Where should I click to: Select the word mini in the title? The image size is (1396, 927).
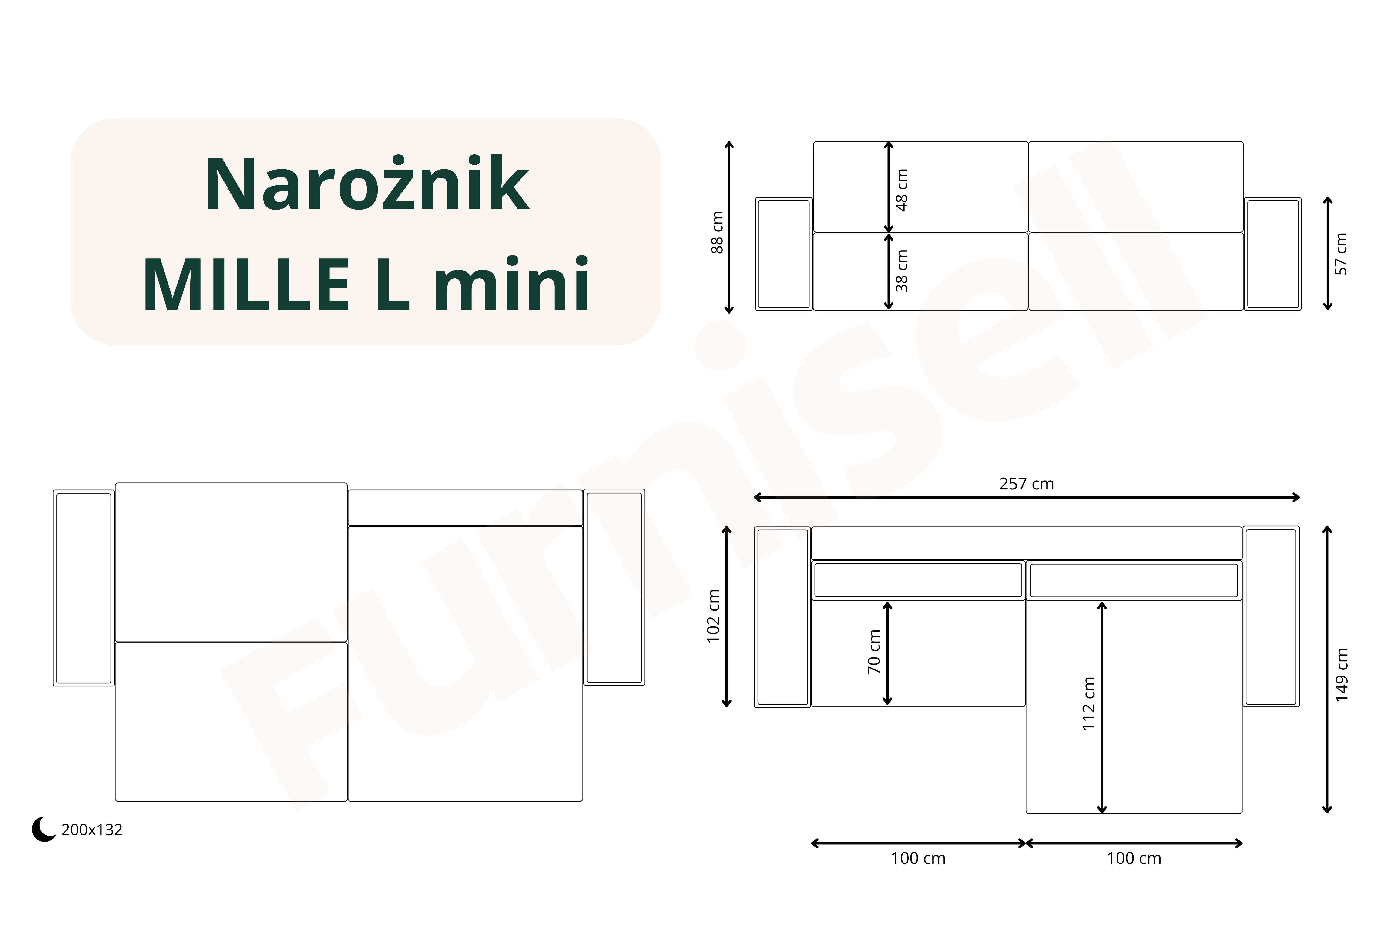click(512, 283)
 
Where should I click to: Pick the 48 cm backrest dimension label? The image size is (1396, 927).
click(902, 190)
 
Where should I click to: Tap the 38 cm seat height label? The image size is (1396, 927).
click(902, 271)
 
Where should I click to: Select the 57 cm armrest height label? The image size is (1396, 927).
click(1341, 254)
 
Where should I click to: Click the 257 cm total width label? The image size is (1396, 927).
click(1027, 484)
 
